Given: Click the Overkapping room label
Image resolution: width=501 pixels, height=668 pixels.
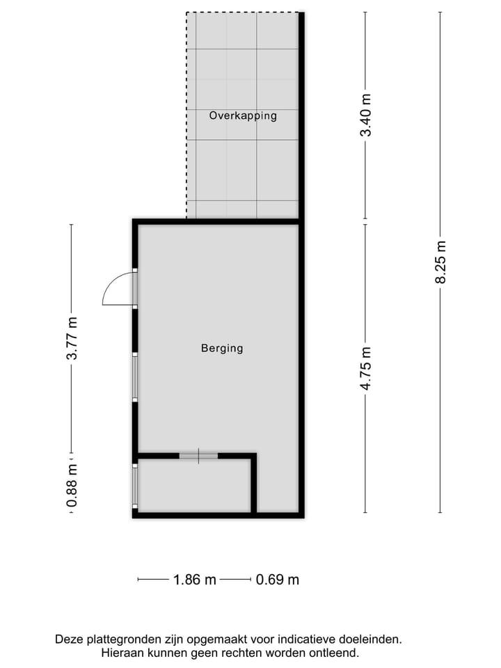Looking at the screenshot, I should [x=243, y=116].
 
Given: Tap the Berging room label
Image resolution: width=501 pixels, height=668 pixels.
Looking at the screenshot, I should [x=222, y=348].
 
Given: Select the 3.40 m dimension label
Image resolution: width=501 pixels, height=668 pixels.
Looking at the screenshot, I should [x=366, y=116].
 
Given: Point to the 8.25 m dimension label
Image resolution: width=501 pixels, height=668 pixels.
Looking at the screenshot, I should [x=440, y=262].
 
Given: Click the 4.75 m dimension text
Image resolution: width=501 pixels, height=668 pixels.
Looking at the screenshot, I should [x=366, y=369].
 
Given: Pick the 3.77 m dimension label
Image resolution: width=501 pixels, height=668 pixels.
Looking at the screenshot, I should [x=71, y=338].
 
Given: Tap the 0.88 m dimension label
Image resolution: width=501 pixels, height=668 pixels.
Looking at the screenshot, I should [x=71, y=487].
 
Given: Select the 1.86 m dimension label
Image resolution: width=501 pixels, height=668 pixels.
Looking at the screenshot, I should [x=194, y=580].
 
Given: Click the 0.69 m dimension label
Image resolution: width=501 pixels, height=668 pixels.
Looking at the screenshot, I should [x=277, y=580].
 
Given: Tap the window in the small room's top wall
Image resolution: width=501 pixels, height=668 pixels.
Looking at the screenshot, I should [x=198, y=456].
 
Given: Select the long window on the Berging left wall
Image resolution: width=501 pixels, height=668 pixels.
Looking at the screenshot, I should [x=135, y=376].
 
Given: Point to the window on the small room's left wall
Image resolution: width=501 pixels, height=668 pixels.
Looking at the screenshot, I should [x=135, y=485].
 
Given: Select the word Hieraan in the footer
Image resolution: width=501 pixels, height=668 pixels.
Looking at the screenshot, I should [x=124, y=653].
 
